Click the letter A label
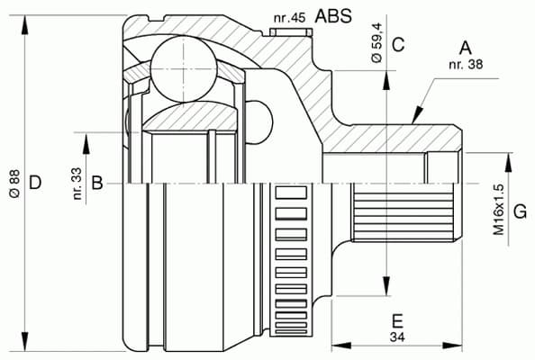coord(466,47)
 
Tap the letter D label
coord(34,184)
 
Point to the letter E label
coord(396,320)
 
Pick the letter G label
coord(520,212)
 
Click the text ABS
coord(333,15)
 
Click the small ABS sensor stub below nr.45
coord(288,32)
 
